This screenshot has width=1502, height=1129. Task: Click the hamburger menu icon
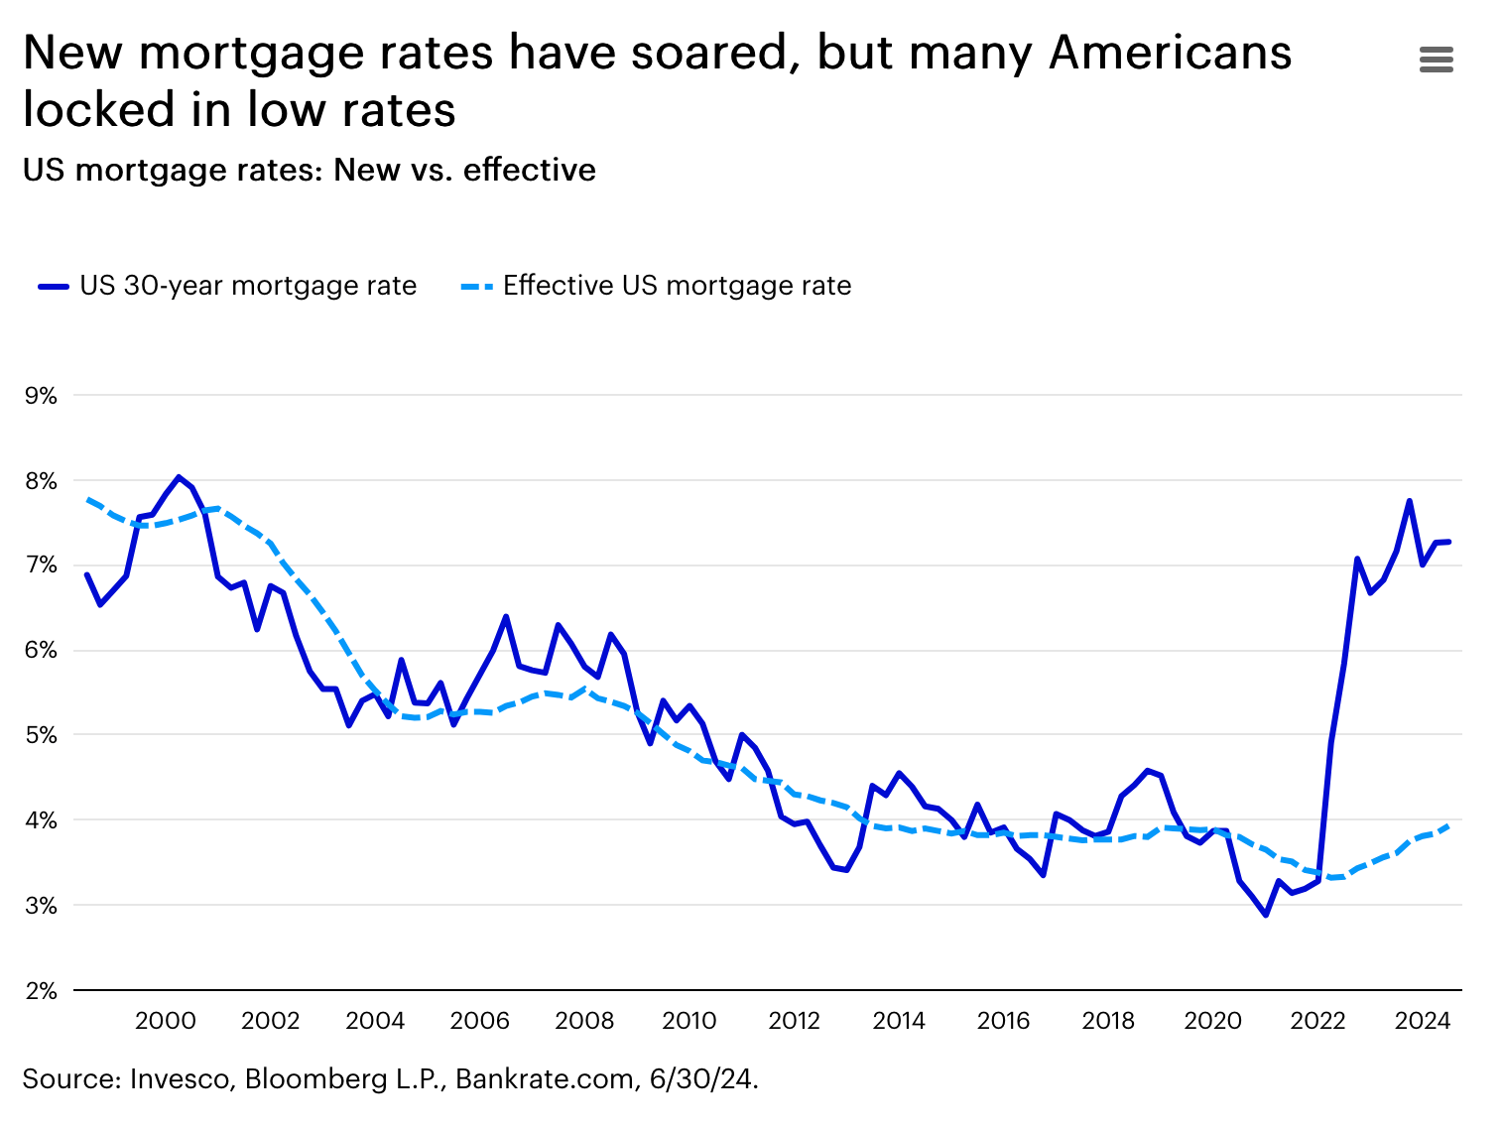[x=1436, y=60]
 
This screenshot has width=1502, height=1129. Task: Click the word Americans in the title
[x=1170, y=53]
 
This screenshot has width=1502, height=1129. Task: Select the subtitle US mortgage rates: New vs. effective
[x=309, y=170]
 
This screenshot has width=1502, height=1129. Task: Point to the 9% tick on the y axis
[x=41, y=396]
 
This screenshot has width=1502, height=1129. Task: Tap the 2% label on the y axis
[x=41, y=991]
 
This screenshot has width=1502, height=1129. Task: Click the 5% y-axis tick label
[x=41, y=736]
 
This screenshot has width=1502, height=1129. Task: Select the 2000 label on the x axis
[x=165, y=1021]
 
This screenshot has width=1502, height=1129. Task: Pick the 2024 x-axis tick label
[x=1422, y=1021]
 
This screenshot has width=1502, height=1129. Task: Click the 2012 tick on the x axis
[x=794, y=1021]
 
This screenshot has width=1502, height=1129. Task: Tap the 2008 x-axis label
[x=584, y=1021]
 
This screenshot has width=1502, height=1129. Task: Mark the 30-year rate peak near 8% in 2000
[x=179, y=477]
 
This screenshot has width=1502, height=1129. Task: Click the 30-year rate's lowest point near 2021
[x=1266, y=914]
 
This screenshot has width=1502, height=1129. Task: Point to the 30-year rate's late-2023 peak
[x=1410, y=501]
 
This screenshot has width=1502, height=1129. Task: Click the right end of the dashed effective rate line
[x=1449, y=824]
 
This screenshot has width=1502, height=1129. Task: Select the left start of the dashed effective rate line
[x=88, y=499]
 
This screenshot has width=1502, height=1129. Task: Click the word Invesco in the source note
[x=182, y=1079]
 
